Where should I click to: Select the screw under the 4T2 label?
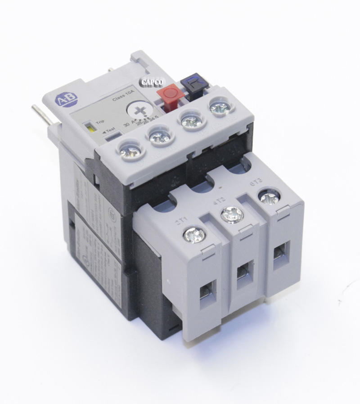coord(232,214)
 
